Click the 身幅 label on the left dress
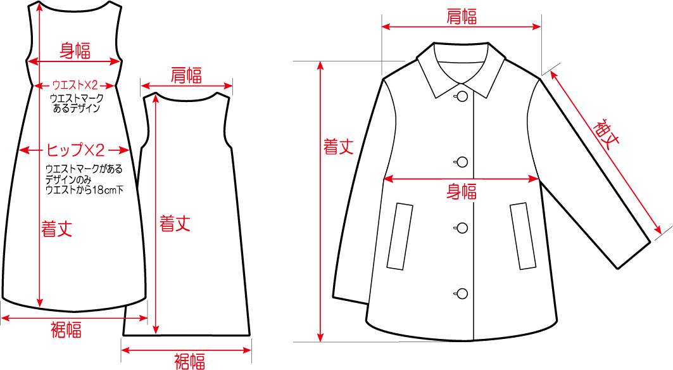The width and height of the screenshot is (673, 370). point(75,50)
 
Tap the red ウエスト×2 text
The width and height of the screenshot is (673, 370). point(75,85)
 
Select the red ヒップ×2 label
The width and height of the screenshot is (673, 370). point(75,150)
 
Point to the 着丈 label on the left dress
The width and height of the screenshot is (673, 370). point(56,229)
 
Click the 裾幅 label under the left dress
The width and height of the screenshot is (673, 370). point(66,329)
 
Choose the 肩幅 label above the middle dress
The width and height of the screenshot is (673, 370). point(186,75)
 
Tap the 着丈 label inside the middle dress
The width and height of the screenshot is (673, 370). point(175,224)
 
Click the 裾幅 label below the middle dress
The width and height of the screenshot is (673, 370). point(190,361)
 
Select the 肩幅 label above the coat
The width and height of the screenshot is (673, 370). point(462,16)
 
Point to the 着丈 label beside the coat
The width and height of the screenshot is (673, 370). point(339,147)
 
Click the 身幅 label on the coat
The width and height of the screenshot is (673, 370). point(462,191)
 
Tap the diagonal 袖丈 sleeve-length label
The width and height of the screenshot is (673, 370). point(607,132)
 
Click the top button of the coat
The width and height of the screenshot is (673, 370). point(462,96)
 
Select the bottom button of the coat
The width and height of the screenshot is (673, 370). point(462,294)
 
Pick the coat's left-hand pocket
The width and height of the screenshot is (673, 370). point(400,236)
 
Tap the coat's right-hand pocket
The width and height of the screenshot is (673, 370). point(523,236)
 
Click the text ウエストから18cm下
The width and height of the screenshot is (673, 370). point(84,189)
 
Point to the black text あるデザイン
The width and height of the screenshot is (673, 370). point(77,108)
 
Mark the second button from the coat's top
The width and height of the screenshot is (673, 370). point(462,162)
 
